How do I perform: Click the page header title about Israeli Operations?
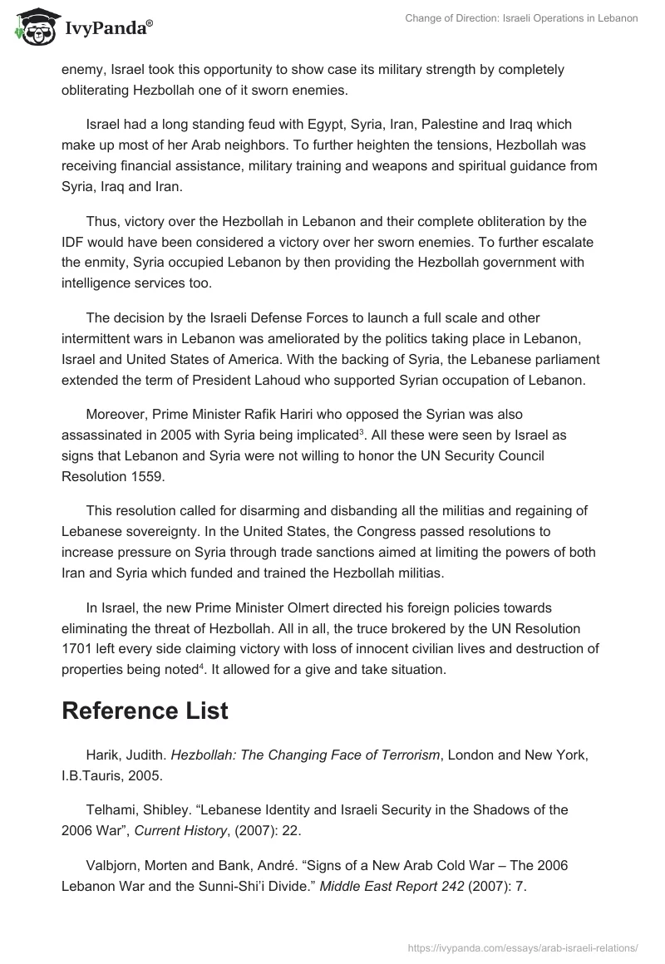pyautogui.click(x=509, y=18)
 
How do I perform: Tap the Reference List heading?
pyautogui.click(x=145, y=711)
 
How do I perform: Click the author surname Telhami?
pyautogui.click(x=113, y=809)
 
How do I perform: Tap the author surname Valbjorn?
pyautogui.click(x=115, y=865)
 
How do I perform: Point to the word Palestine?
pyautogui.click(x=448, y=125)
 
